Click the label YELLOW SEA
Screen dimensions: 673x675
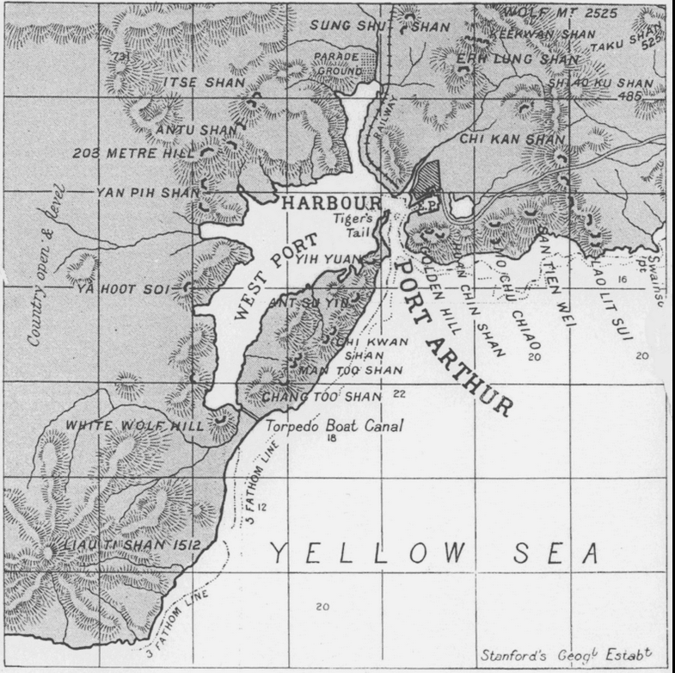pos(434,553)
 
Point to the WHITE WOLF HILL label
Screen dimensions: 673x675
pos(134,425)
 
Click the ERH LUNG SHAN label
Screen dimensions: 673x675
pos(506,59)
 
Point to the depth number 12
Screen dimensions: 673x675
pos(262,507)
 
